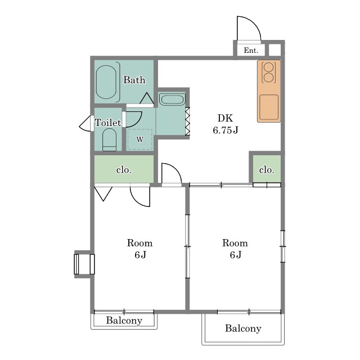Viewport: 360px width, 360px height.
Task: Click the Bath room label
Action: coord(134,80)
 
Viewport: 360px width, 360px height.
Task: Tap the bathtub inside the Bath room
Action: coord(106,82)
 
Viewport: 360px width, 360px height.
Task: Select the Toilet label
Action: coord(108,123)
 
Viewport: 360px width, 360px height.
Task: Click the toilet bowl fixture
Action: coord(109,139)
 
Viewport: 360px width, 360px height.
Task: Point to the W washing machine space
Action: coord(140,139)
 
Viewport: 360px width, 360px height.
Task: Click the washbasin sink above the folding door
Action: coord(172,100)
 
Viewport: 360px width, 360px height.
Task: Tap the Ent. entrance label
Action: coord(251,50)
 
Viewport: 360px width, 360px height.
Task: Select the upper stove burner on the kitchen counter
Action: coord(269,67)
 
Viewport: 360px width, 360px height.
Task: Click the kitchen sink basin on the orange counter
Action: coord(269,107)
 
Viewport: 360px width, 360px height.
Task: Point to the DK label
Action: coord(225,118)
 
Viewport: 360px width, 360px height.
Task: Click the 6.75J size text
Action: coord(226,130)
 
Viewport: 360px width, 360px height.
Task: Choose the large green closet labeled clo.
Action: coord(124,169)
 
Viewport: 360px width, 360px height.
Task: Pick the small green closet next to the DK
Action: coord(267,169)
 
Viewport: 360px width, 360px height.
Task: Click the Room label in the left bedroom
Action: coord(140,243)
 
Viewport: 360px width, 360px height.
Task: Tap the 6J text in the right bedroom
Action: coord(236,255)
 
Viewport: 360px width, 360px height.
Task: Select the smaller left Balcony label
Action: coord(124,320)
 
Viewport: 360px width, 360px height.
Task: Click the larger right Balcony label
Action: coord(243,328)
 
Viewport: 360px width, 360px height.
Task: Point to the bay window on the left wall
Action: coord(84,264)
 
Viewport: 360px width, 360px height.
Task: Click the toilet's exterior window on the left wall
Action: coord(86,124)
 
